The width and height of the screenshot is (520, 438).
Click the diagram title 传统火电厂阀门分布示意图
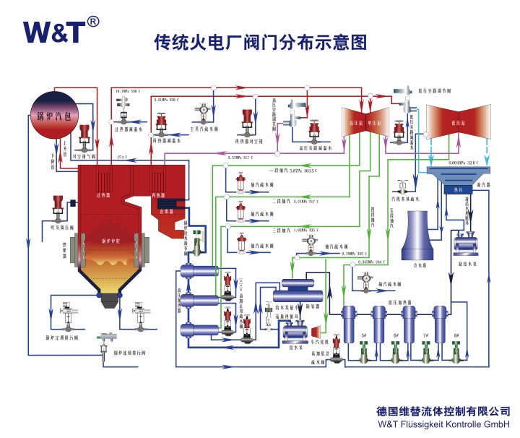pyautogui.click(x=260, y=43)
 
